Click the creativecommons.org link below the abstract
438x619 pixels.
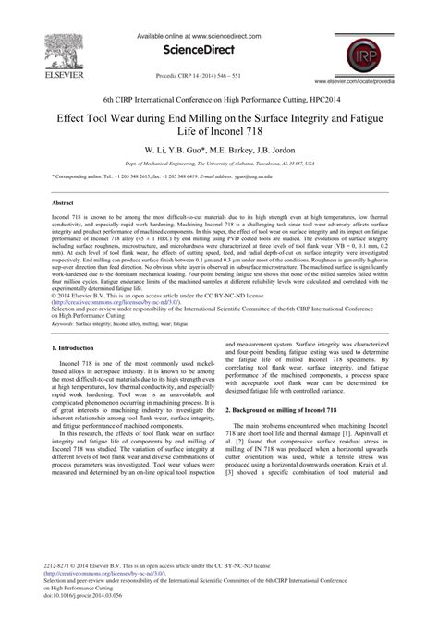103,299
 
